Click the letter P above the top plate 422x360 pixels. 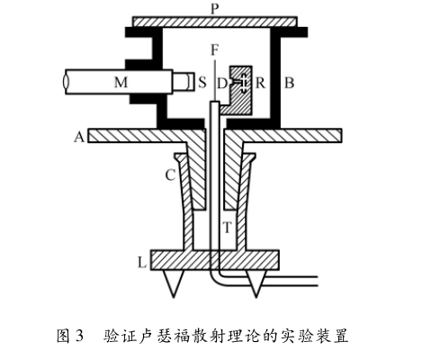[x=214, y=9]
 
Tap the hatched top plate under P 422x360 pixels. [x=215, y=22]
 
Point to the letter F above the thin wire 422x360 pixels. [x=214, y=50]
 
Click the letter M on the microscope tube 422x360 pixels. [x=121, y=82]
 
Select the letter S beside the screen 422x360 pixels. [x=202, y=82]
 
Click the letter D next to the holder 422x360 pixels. [x=222, y=84]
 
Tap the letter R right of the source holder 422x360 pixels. [x=260, y=83]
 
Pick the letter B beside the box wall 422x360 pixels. [x=289, y=83]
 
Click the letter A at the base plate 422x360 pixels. [x=79, y=137]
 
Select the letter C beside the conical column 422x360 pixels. [x=170, y=175]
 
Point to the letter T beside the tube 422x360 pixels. [x=228, y=228]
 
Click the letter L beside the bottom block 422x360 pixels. [x=142, y=263]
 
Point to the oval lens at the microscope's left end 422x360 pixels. [x=66, y=82]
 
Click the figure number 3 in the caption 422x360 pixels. [x=79, y=336]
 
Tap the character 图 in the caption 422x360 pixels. [x=64, y=336]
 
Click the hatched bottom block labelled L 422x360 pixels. [x=215, y=260]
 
